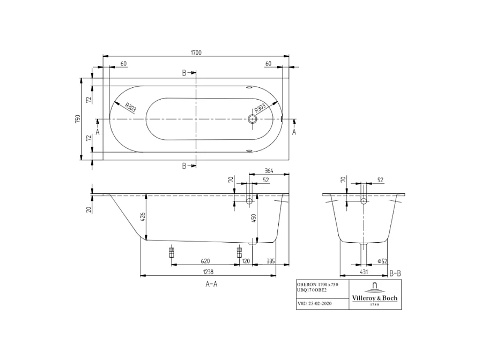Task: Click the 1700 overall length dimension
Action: click(195, 52)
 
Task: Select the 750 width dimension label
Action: click(78, 118)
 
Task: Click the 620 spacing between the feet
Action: click(205, 261)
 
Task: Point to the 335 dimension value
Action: click(270, 261)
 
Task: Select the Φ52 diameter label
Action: click(382, 261)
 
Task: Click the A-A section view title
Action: click(212, 284)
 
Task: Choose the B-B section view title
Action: click(395, 273)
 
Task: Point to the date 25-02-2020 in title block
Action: click(320, 303)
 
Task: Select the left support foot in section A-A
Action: click(172, 252)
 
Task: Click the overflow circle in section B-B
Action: click(364, 201)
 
